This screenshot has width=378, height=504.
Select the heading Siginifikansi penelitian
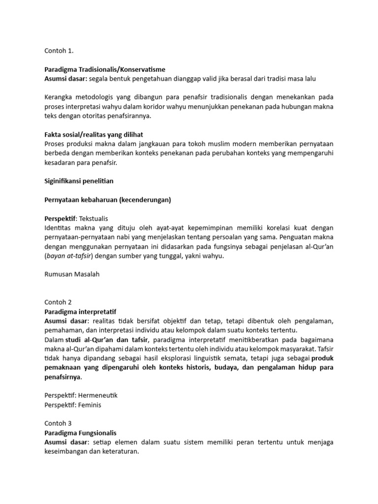coord(79,181)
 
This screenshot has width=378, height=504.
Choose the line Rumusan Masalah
coord(71,274)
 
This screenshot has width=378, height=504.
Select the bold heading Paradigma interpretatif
coord(80,312)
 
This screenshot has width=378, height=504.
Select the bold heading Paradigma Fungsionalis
coord(80,433)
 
